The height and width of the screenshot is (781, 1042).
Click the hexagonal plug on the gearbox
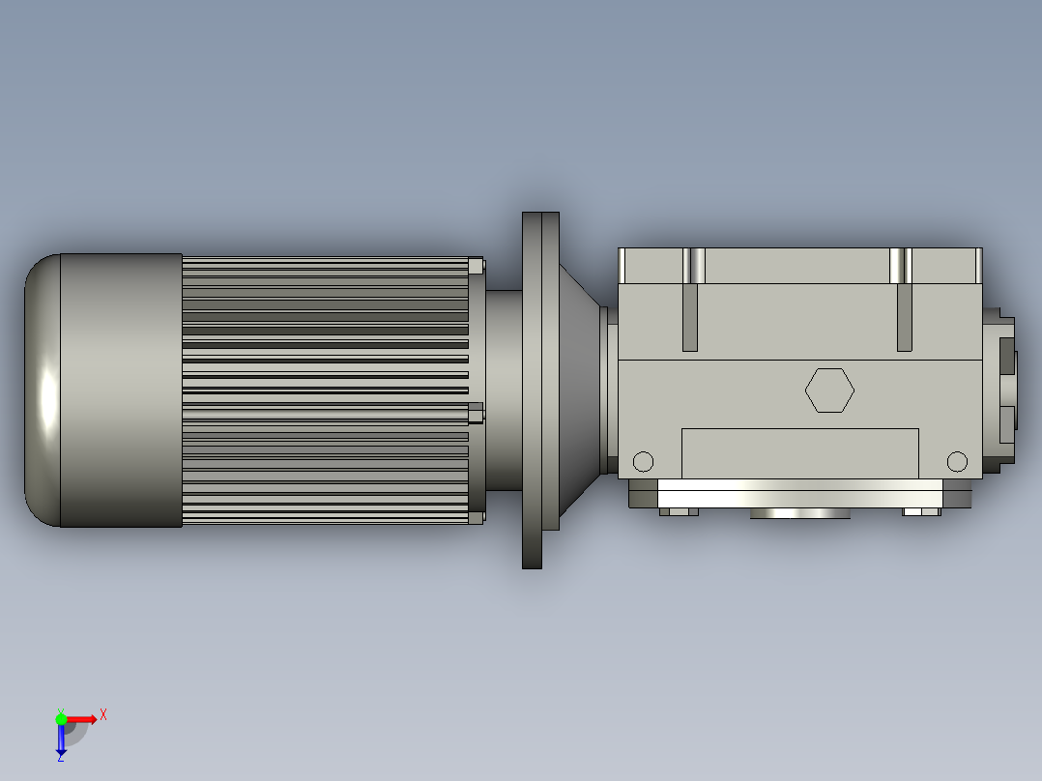(x=829, y=390)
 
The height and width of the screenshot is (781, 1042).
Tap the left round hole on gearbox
(x=643, y=461)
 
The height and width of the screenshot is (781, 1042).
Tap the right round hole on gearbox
(x=957, y=461)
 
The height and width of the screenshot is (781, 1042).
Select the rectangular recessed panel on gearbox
(x=799, y=452)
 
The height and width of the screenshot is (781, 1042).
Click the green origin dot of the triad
(x=61, y=718)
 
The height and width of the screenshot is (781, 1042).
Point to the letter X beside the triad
(x=103, y=714)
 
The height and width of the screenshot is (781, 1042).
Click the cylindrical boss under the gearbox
(x=800, y=513)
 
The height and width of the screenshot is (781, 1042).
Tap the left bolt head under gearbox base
(x=679, y=511)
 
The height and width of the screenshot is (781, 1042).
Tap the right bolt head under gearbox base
(x=921, y=511)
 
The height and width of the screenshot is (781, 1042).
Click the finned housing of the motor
(x=324, y=390)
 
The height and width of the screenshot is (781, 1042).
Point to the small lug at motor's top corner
(x=476, y=265)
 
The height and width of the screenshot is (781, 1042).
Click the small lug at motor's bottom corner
(x=476, y=517)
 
